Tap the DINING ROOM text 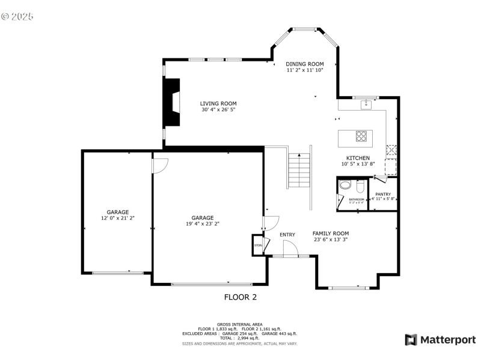pyautogui.click(x=305, y=64)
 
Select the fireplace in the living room pyautogui.click(x=172, y=102)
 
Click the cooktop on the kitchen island pyautogui.click(x=362, y=136)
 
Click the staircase pyautogui.click(x=299, y=170)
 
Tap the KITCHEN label pyautogui.click(x=358, y=158)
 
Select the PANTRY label pyautogui.click(x=383, y=194)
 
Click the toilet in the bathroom pyautogui.click(x=360, y=185)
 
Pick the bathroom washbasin pyautogui.click(x=344, y=185)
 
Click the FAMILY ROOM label pyautogui.click(x=330, y=233)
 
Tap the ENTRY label pyautogui.click(x=287, y=235)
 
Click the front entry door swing pyautogui.click(x=290, y=248)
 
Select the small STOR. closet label pyautogui.click(x=259, y=245)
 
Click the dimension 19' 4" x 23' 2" pyautogui.click(x=203, y=224)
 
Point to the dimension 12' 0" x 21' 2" pyautogui.click(x=118, y=218)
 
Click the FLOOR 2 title pyautogui.click(x=240, y=297)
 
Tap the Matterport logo pyautogui.click(x=440, y=340)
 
